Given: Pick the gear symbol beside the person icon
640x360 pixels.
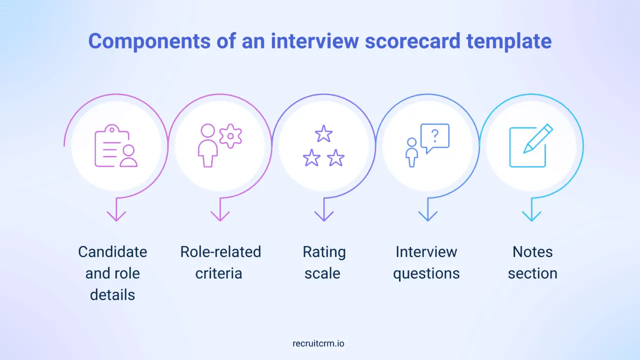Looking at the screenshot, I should [x=230, y=136].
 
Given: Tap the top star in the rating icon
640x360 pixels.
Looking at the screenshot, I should [x=323, y=134].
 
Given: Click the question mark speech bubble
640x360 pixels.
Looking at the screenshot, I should [x=435, y=136].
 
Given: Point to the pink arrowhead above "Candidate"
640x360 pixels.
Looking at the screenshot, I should [x=116, y=215].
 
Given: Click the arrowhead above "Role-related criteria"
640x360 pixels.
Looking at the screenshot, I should [x=220, y=215].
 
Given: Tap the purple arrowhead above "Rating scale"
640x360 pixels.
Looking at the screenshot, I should [x=324, y=215].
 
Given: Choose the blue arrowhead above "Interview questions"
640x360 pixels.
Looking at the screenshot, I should [x=428, y=215].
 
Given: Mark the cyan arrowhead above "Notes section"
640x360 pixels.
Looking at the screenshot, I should [x=531, y=215].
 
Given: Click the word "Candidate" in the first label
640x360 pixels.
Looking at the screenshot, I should [x=112, y=251].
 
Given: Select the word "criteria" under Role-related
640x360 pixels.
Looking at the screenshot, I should [x=218, y=273].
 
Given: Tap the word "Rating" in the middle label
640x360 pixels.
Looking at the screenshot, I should [x=324, y=251].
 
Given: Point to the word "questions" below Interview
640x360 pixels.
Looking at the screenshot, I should [x=426, y=273].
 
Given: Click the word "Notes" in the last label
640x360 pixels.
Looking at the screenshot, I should [x=532, y=251].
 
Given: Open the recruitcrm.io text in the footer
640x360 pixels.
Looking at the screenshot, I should [x=318, y=343].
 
